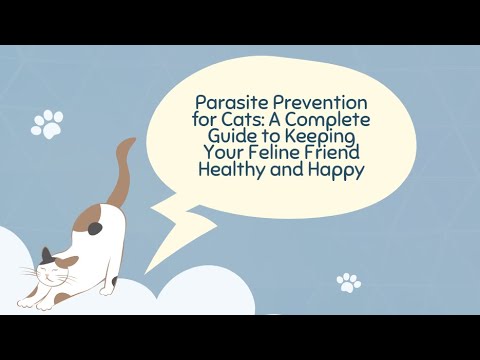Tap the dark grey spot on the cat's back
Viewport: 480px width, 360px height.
(x=95, y=228)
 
